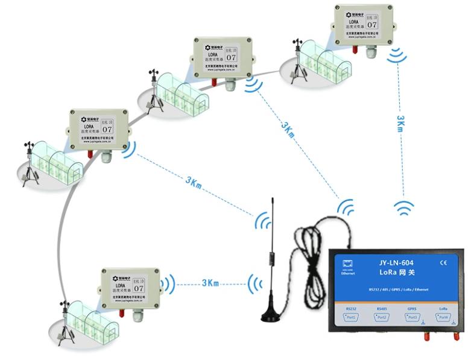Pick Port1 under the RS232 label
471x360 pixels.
click(x=352, y=317)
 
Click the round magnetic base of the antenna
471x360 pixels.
click(x=275, y=315)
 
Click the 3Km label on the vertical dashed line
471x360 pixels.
click(x=400, y=123)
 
